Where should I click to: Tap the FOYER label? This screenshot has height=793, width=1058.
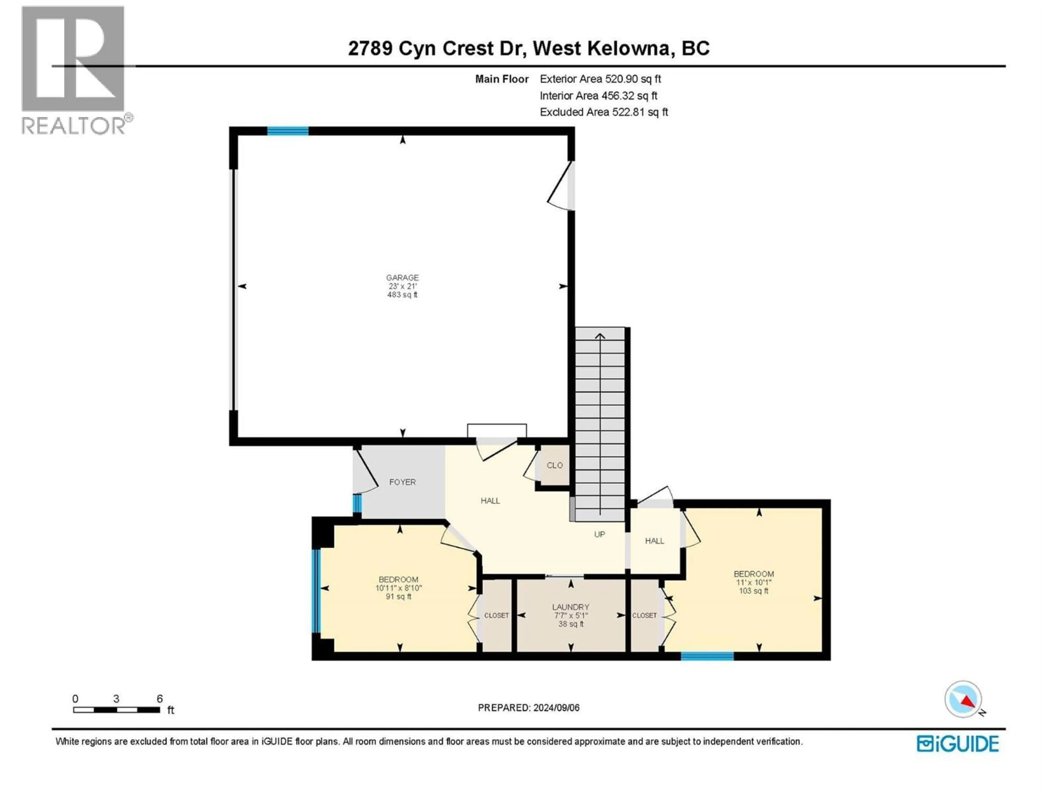[x=402, y=482]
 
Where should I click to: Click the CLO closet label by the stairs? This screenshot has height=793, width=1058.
[x=554, y=465]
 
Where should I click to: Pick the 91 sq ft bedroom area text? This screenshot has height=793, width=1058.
[x=398, y=597]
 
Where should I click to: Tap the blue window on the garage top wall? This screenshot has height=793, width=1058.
[x=287, y=131]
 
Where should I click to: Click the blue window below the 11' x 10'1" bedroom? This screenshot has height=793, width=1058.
[x=707, y=656]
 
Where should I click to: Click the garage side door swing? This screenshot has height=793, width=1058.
[x=561, y=186]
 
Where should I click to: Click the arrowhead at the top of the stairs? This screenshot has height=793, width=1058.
[x=600, y=336]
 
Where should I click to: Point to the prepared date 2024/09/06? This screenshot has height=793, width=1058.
[x=528, y=707]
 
